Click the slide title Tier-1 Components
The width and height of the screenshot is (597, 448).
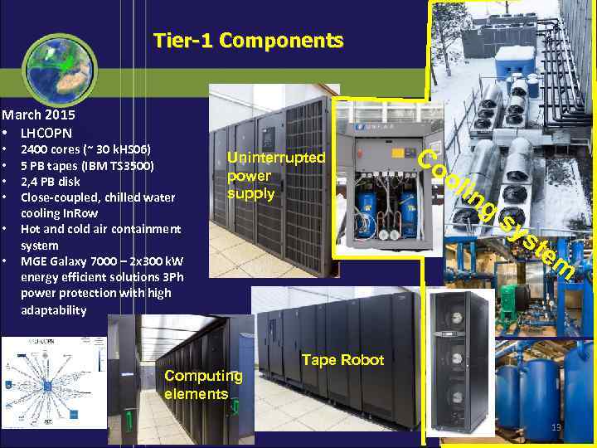[x=248, y=40]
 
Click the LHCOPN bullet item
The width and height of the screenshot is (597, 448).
[x=46, y=133]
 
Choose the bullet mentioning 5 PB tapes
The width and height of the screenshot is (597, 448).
[x=87, y=165]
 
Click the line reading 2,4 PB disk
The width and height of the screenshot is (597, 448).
[x=51, y=181]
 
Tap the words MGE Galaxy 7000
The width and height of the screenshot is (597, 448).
[x=66, y=261]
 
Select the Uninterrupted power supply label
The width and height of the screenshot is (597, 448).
[x=276, y=176]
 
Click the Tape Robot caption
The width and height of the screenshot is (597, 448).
[x=342, y=360]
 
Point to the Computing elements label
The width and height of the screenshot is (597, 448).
[x=204, y=384]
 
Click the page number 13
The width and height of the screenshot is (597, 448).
[x=556, y=427]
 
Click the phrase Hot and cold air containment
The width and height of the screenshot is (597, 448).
[x=100, y=229]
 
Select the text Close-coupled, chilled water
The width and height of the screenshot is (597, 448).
[x=98, y=197]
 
